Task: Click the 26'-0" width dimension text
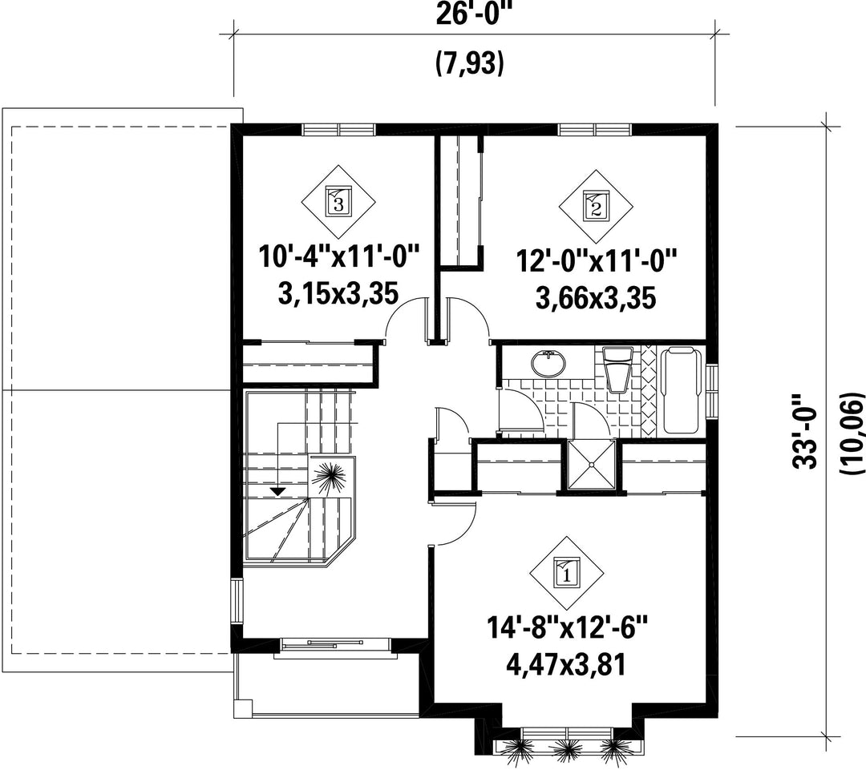[x=471, y=14]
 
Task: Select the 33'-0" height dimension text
[x=805, y=431]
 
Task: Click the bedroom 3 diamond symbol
[x=338, y=201]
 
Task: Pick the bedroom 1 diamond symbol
[x=566, y=574]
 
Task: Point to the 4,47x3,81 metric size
[x=566, y=665]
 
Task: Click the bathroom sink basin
[x=548, y=364]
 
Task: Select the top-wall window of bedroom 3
[x=338, y=130]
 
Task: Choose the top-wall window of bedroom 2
[x=595, y=130]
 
